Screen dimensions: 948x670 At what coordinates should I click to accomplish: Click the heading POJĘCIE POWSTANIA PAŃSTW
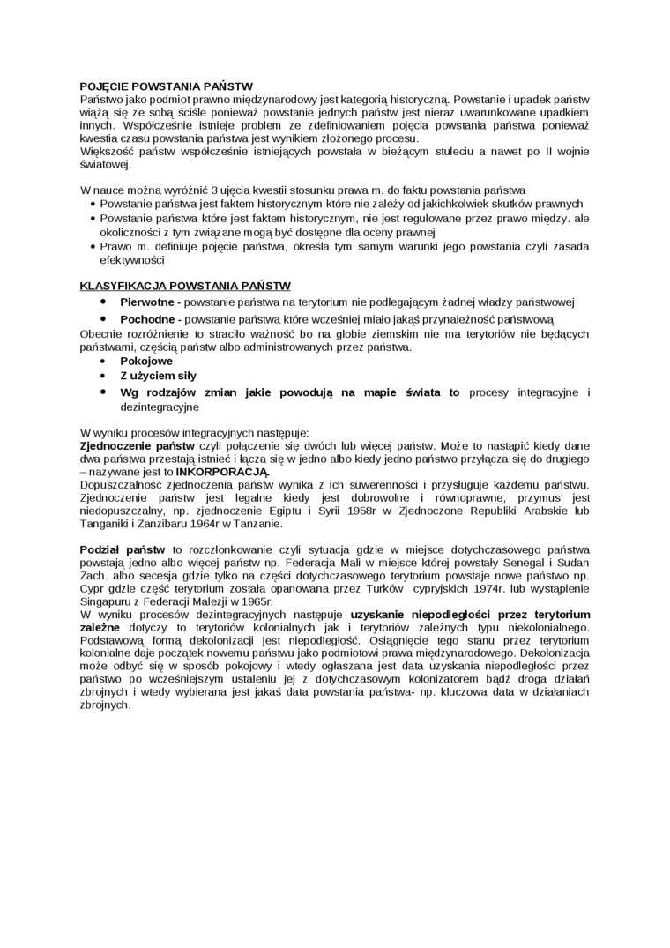coord(166,86)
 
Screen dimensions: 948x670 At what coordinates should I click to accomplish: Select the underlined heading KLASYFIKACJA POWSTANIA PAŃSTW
coord(185,286)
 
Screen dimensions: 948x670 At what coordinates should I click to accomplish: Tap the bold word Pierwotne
coord(146,302)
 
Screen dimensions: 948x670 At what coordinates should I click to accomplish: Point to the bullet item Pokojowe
coord(146,362)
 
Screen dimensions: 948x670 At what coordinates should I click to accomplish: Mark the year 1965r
coord(251,601)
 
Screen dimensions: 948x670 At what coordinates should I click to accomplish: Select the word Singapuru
coord(107,601)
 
